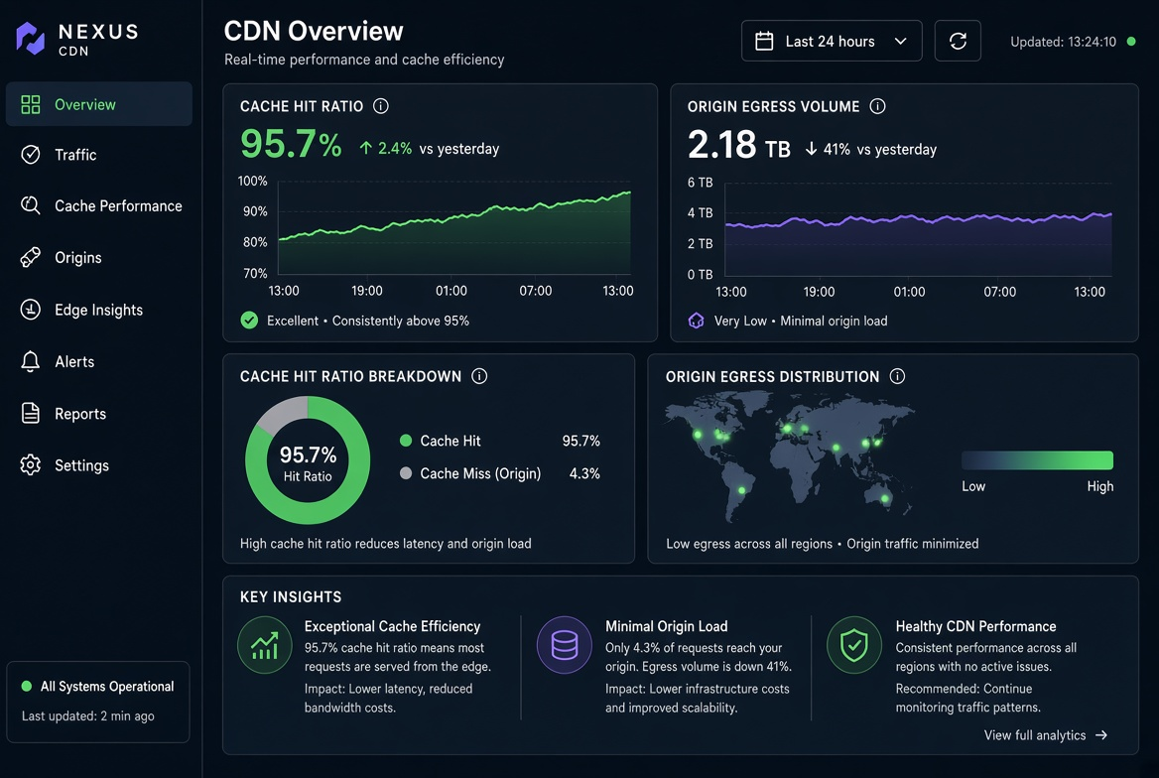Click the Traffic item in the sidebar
[x=75, y=155]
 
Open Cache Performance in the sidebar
[x=118, y=205]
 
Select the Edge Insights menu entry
[x=98, y=310]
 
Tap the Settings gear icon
[x=31, y=465]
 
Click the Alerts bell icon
[x=31, y=361]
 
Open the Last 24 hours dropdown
[x=832, y=42]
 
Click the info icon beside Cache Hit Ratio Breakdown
[x=479, y=376]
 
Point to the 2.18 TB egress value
[x=738, y=145]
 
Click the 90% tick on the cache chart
[x=255, y=211]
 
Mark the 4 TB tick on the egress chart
[x=700, y=213]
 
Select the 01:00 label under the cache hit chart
[x=451, y=291]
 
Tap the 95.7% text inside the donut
[x=308, y=454]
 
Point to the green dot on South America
[x=741, y=490]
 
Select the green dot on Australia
[x=885, y=498]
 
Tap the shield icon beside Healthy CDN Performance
[x=853, y=645]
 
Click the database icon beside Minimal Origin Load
[x=564, y=645]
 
